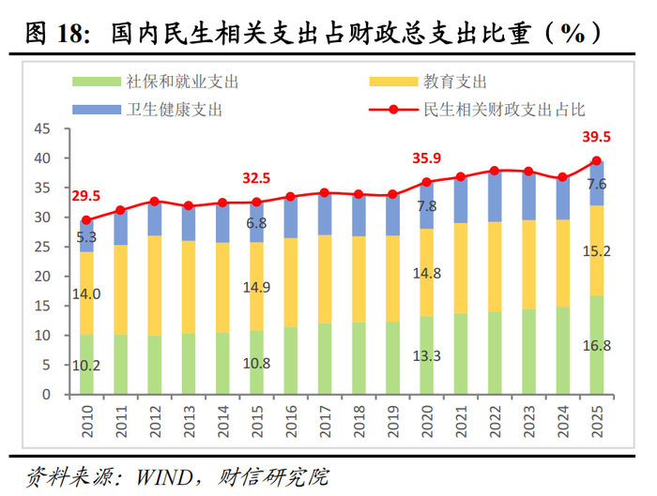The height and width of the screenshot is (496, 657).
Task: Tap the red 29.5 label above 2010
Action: click(x=86, y=196)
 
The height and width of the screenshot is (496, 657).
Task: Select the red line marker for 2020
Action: click(x=426, y=182)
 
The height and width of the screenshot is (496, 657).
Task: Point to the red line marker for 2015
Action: click(x=256, y=202)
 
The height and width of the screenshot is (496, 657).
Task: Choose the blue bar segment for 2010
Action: click(x=86, y=236)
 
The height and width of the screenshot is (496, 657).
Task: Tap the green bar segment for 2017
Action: click(x=324, y=358)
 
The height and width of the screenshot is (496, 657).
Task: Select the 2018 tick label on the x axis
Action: click(x=359, y=417)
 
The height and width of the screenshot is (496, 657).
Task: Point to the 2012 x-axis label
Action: click(x=155, y=417)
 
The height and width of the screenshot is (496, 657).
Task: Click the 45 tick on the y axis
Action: click(x=39, y=128)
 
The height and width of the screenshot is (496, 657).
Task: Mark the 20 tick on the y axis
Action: click(x=39, y=276)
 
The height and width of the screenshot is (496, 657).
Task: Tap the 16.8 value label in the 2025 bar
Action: click(x=596, y=345)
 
